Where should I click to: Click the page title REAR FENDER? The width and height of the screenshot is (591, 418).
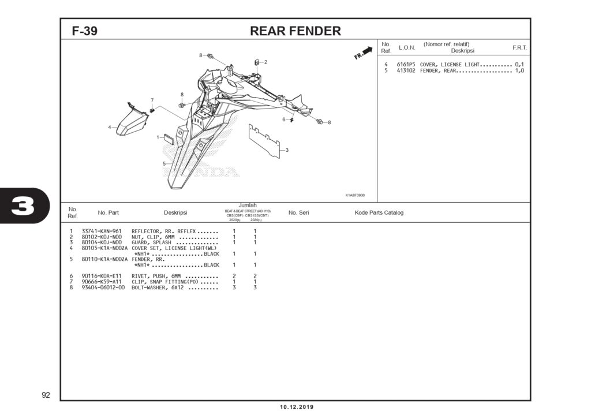point(295,31)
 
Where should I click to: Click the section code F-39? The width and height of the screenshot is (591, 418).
point(84,32)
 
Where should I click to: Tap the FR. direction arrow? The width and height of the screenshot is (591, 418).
point(364,53)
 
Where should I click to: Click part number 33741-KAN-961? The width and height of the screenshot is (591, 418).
point(101,231)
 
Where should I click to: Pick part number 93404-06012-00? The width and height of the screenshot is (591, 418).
point(103,288)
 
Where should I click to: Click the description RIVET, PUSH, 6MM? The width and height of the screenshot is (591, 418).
point(156,276)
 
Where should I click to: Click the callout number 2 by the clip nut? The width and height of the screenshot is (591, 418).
point(265,62)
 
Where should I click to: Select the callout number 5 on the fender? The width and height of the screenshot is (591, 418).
point(163,163)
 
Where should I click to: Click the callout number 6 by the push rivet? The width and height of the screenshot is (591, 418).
point(283,120)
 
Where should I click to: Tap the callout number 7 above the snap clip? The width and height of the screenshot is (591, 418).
point(152,100)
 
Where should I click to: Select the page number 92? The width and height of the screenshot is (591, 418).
point(46,395)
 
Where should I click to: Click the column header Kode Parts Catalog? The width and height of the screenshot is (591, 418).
point(379,212)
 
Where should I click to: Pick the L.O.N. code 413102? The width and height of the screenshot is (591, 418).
point(406,70)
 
